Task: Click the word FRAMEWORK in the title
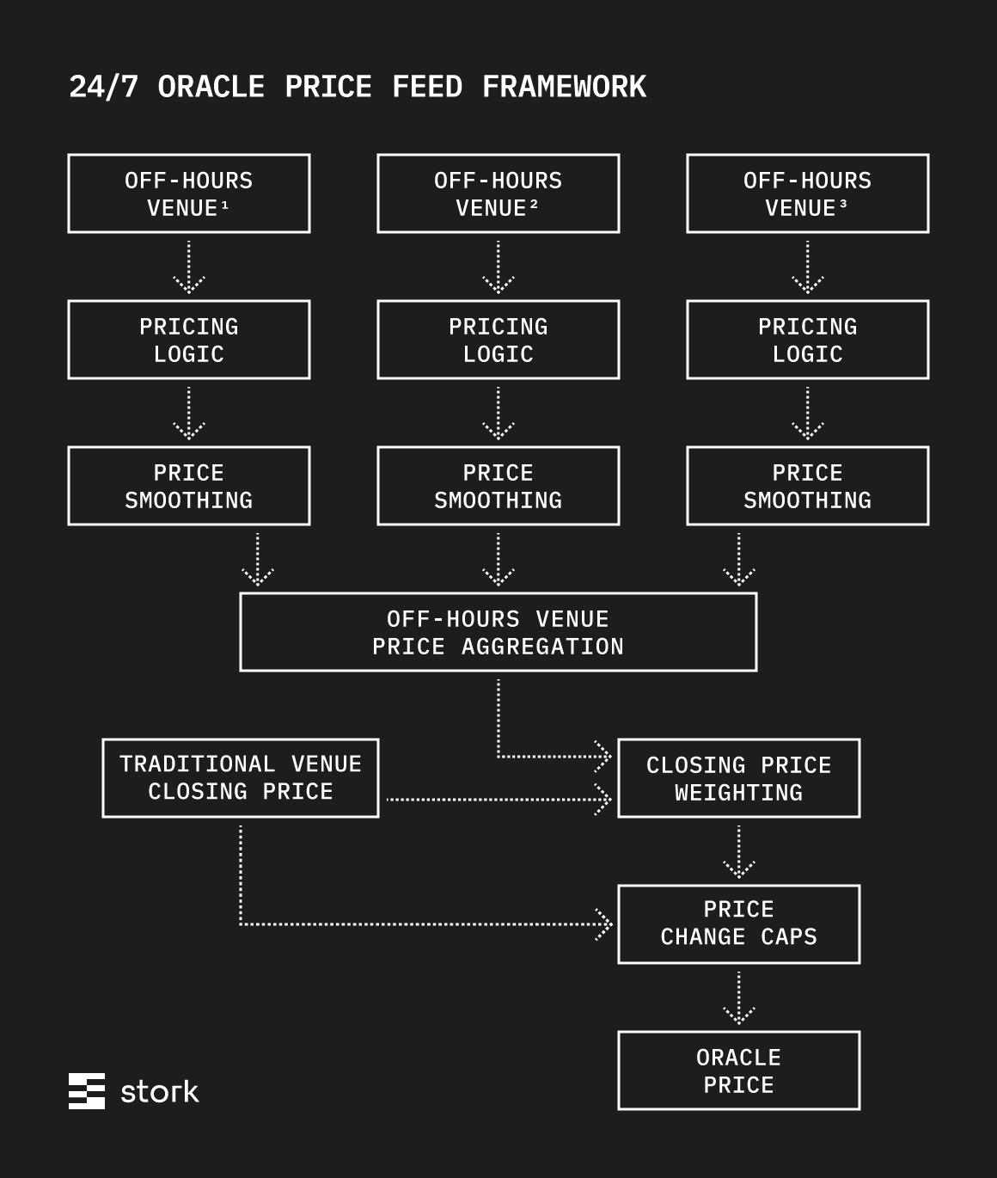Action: click(564, 87)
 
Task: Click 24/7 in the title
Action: click(103, 87)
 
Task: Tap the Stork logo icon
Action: click(87, 1091)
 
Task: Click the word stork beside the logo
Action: click(160, 1091)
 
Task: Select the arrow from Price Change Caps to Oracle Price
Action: click(739, 998)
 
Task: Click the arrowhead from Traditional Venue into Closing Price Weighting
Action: click(602, 800)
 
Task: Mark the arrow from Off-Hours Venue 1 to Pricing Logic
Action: click(188, 267)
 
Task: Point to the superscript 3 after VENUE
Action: click(843, 204)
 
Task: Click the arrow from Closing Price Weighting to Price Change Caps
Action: click(739, 852)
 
